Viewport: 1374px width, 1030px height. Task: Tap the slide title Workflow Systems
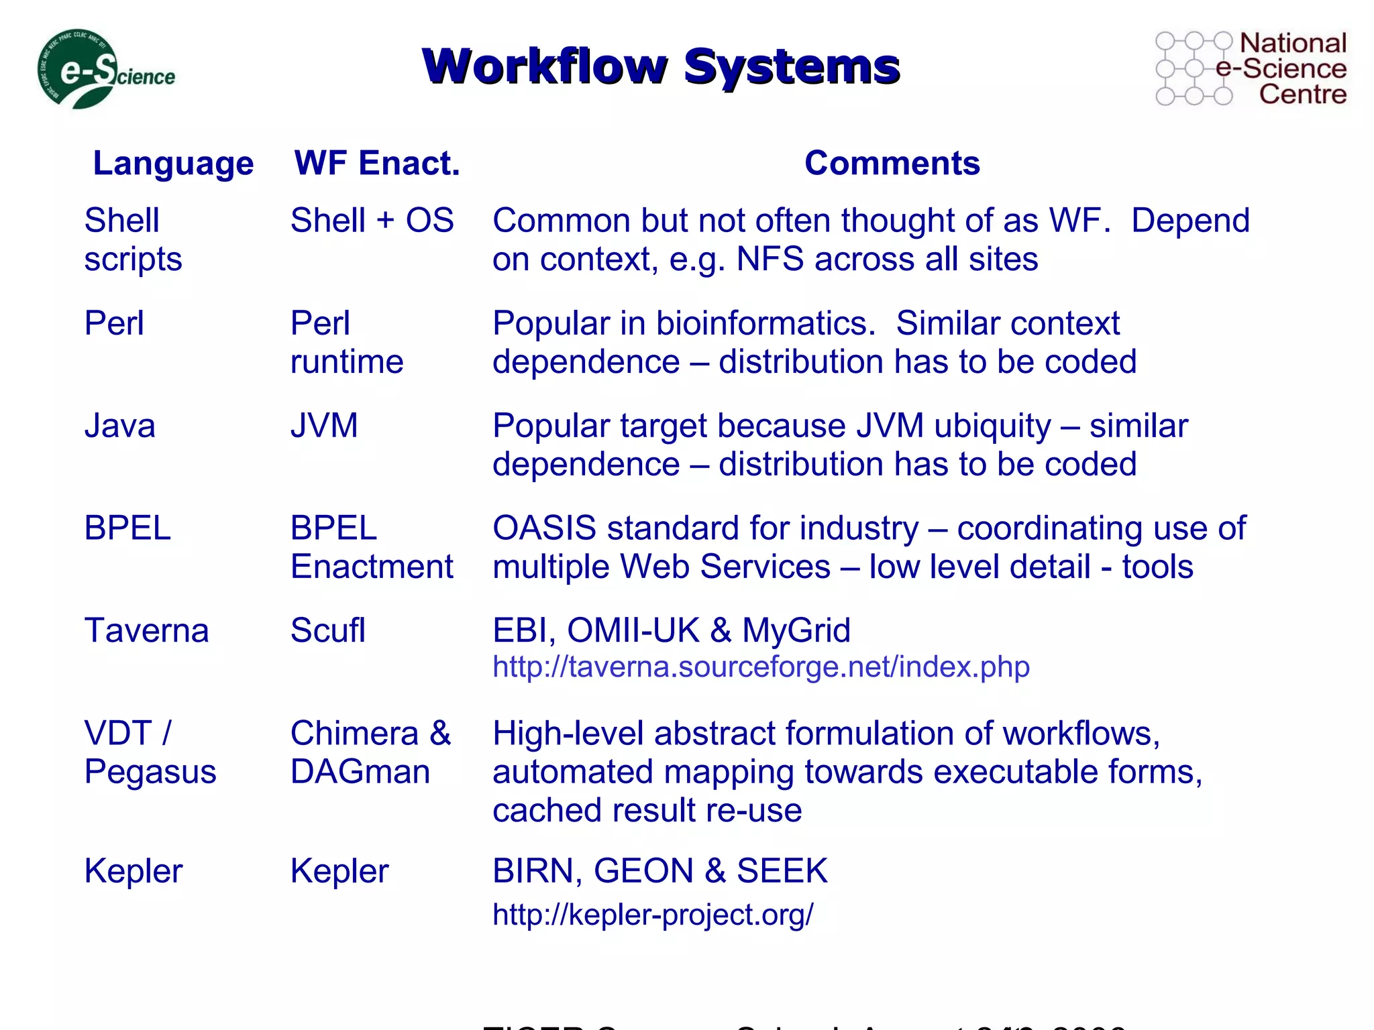(661, 66)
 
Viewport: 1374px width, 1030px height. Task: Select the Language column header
(173, 163)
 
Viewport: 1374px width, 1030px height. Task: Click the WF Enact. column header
(377, 163)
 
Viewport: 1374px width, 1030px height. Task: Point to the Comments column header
(892, 163)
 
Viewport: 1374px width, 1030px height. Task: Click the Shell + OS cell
(372, 221)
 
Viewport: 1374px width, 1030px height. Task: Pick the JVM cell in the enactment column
(324, 426)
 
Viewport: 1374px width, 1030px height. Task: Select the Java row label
(119, 426)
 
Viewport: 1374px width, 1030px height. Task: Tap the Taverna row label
(146, 631)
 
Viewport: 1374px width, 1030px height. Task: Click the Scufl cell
(327, 631)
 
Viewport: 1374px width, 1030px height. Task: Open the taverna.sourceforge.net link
(761, 667)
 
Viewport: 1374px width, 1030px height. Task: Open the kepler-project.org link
(653, 915)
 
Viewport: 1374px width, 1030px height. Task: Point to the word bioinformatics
(765, 324)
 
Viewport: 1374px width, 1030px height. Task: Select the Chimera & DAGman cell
(370, 752)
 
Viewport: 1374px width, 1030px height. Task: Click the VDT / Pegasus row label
(150, 752)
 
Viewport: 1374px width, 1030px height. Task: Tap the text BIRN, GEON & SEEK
(659, 871)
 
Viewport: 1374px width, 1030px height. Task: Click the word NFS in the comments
(770, 260)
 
